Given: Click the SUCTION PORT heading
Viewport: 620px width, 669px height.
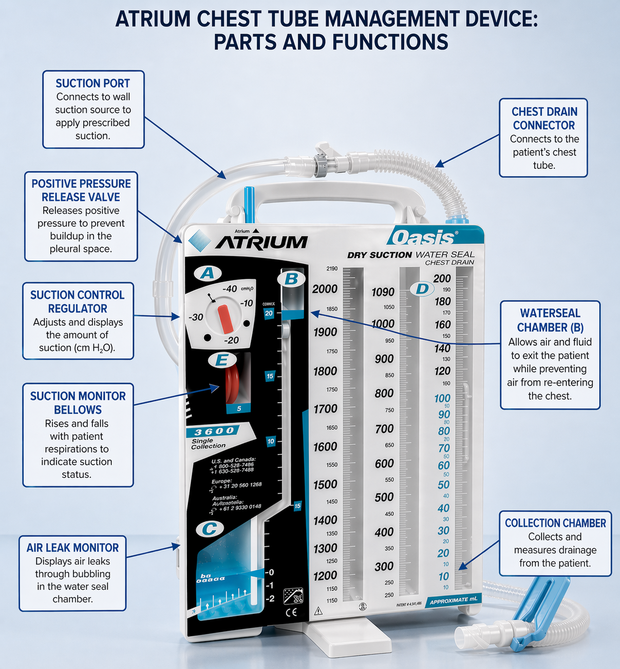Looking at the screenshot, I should pos(92,83).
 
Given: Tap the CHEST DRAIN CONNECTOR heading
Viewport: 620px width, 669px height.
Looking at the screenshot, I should pos(544,119).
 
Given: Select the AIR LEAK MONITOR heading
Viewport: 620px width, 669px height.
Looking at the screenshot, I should pos(72,548).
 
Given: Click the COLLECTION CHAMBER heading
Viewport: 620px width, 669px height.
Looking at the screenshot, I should pos(555,523).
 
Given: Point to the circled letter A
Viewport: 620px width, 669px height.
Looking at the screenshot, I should pos(207,273).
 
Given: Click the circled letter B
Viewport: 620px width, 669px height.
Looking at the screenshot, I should pos(291,279).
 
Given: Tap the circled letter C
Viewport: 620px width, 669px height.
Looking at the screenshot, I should pos(209,529).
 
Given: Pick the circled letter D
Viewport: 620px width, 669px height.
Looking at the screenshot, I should pos(422,289).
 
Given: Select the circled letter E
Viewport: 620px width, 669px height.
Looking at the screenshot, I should pos(221,360).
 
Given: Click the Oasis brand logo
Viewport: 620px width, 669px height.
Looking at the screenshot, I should pos(423,238).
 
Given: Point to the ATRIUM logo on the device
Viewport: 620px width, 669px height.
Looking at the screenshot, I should pos(261,242).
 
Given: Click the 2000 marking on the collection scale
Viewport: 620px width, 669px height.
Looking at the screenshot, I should pos(325,289).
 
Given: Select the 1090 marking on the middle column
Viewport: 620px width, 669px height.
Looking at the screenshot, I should pos(383,292).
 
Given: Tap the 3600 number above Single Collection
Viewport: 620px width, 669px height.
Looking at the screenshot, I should pos(214,431).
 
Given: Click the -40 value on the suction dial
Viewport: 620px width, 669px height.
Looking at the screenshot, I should pos(230,289).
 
